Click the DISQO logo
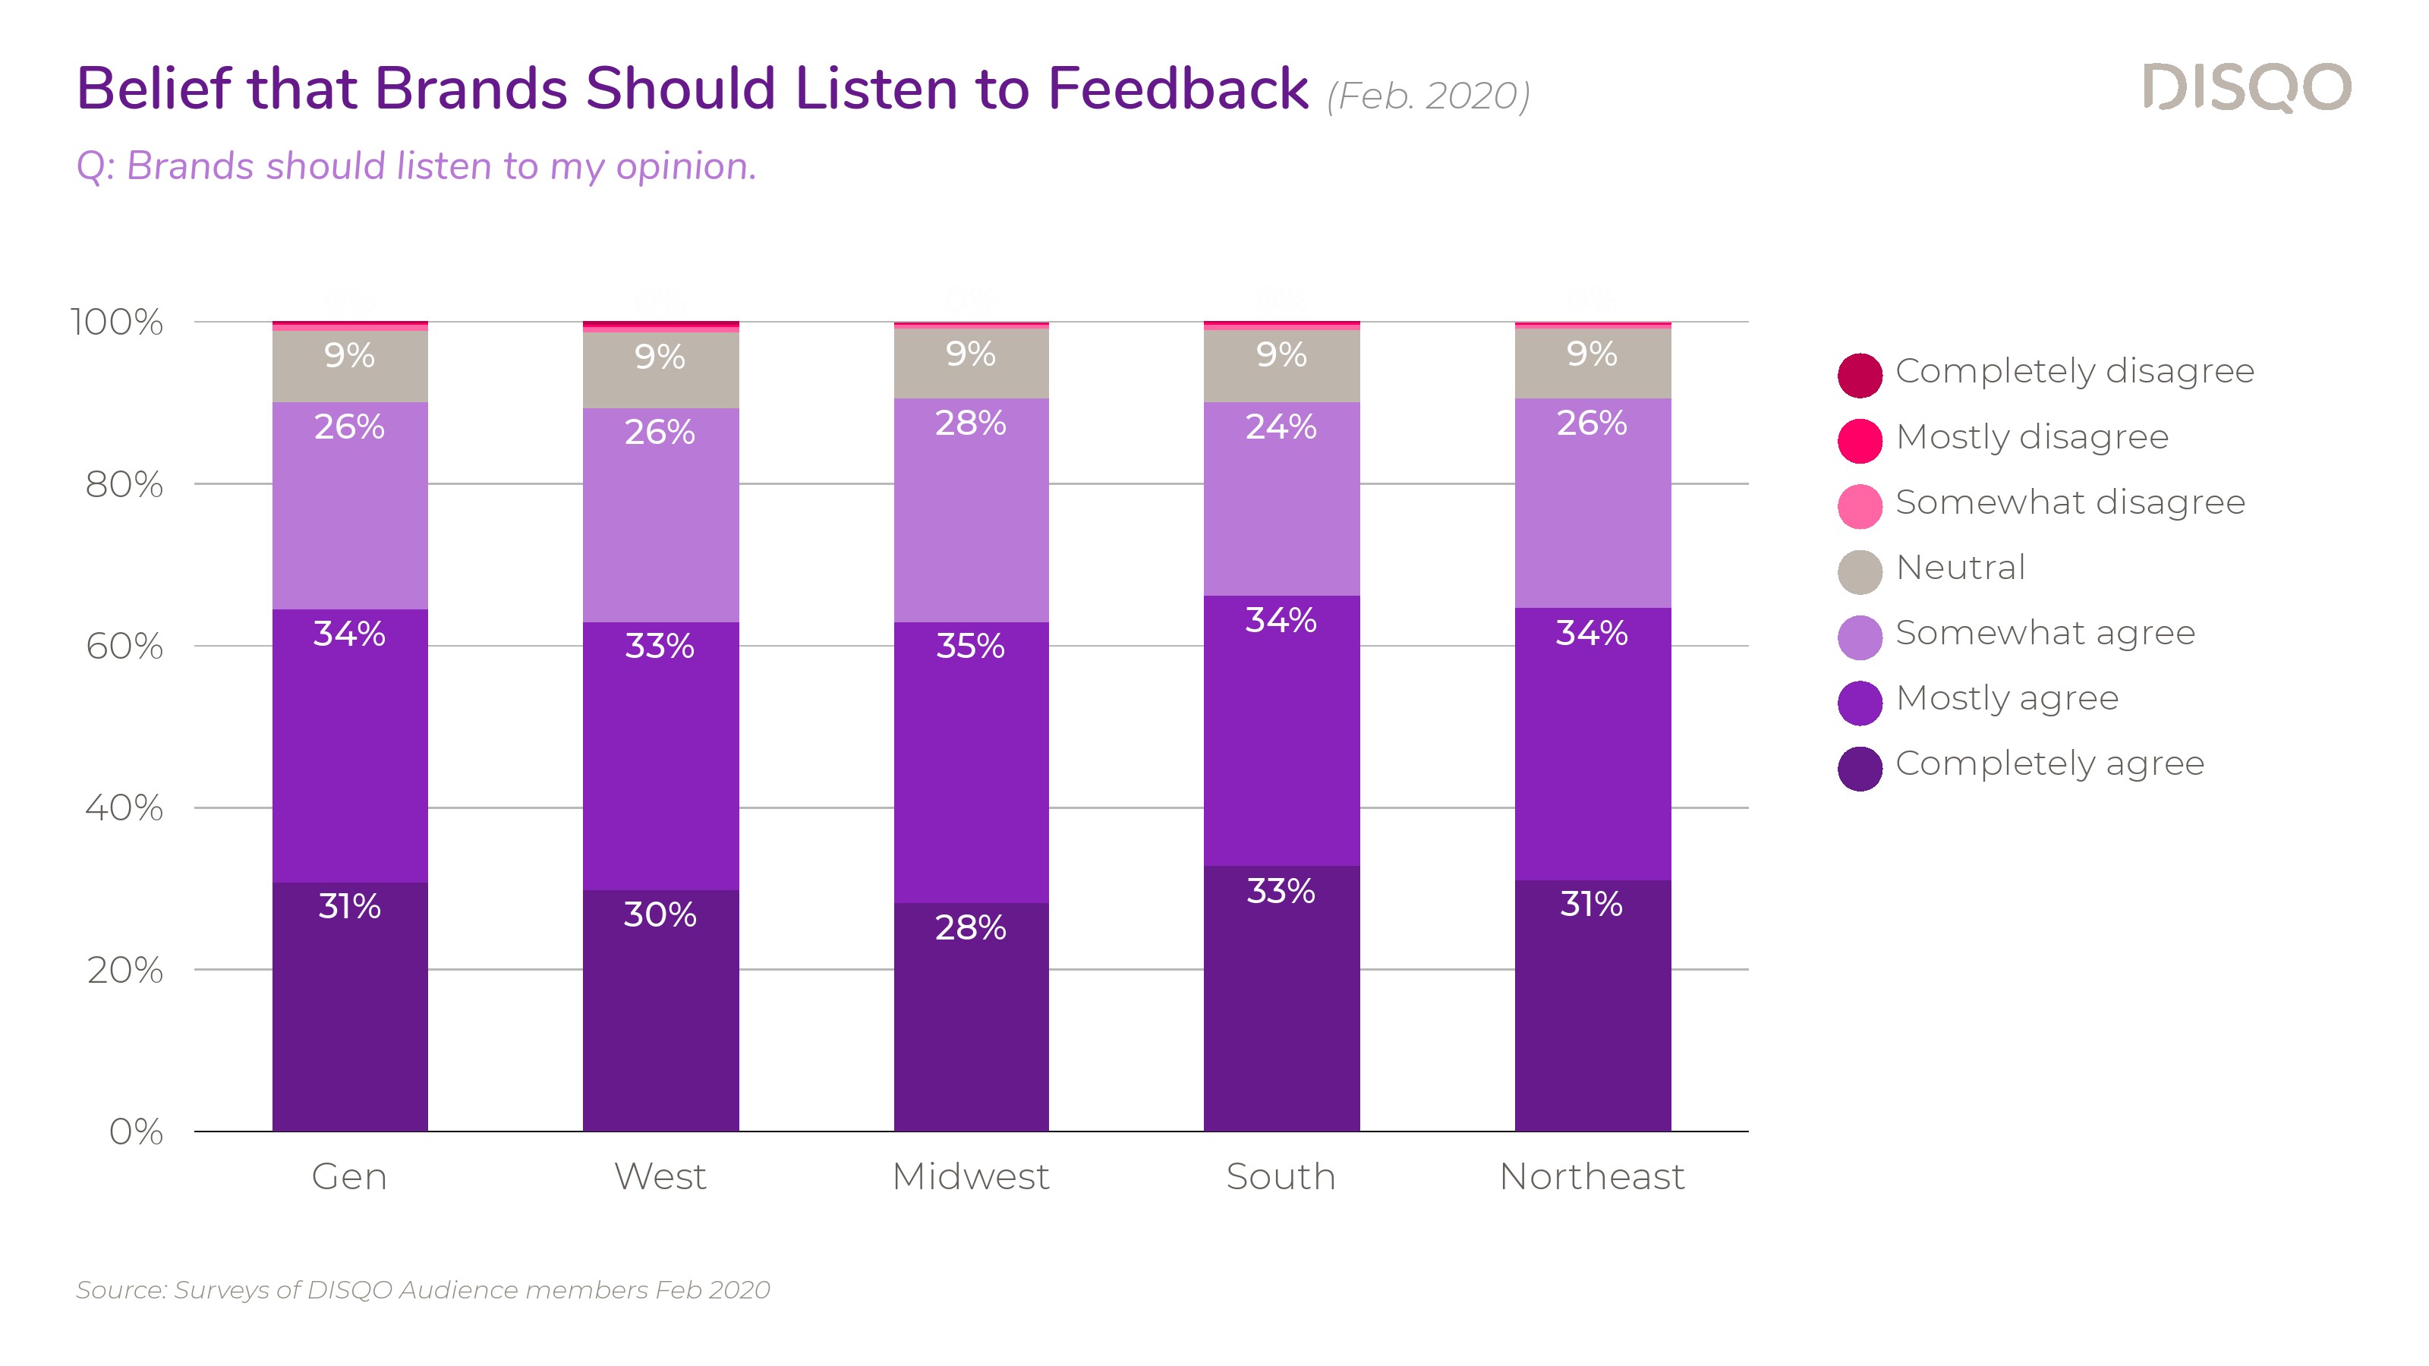coord(2246,88)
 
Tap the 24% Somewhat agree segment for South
coord(1281,499)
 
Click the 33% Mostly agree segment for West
coord(660,755)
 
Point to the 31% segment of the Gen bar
coord(349,1006)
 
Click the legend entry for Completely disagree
coord(2074,371)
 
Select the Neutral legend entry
coord(1959,568)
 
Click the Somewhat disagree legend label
coord(2070,502)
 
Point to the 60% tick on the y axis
coord(124,647)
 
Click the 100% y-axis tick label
coord(117,323)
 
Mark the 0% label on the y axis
coord(136,1132)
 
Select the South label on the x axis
coord(1281,1176)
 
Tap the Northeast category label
coord(1592,1176)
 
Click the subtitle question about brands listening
coord(416,166)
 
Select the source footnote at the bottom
coord(424,1289)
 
